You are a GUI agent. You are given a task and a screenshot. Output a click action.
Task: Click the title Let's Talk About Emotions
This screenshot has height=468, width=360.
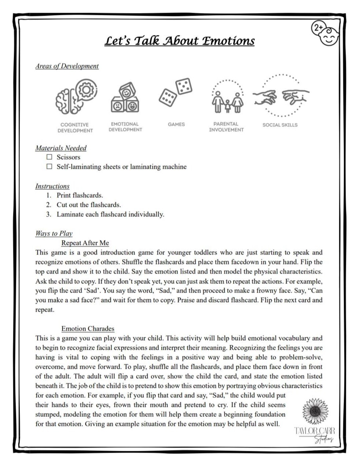tap(179, 41)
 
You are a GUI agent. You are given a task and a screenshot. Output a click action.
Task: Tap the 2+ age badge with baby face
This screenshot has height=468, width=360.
tap(325, 33)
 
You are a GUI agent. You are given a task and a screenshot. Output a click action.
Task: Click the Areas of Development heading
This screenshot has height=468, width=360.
tap(67, 66)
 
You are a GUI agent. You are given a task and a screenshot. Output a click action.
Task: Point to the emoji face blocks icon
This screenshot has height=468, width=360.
tap(125, 98)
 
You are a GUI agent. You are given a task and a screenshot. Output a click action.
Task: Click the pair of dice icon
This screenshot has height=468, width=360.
tap(175, 92)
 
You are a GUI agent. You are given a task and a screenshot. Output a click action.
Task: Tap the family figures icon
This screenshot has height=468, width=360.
tap(227, 98)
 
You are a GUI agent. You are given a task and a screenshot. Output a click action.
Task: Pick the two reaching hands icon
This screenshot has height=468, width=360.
tap(280, 96)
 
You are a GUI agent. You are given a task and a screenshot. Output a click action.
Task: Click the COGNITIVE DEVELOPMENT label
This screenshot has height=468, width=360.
tap(75, 128)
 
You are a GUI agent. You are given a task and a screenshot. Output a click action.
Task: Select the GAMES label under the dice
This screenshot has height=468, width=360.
tap(176, 124)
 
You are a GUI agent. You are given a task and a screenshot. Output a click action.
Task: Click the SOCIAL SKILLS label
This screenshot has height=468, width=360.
tap(280, 125)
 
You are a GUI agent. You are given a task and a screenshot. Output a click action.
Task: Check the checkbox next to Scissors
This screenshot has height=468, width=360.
tap(49, 157)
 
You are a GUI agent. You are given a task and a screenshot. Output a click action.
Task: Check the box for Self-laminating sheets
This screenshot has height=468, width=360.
tap(49, 166)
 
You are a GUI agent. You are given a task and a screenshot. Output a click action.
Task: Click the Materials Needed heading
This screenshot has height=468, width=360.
tap(61, 148)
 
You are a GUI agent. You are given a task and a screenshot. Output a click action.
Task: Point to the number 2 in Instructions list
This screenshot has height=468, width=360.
tap(49, 205)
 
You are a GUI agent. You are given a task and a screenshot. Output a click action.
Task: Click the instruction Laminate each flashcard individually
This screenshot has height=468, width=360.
tap(110, 214)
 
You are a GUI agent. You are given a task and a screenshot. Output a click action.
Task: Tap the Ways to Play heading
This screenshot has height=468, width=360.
tap(54, 233)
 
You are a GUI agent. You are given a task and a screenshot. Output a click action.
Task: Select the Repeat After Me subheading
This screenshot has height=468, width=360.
tap(85, 243)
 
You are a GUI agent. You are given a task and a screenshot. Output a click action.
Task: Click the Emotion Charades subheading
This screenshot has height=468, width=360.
tap(88, 329)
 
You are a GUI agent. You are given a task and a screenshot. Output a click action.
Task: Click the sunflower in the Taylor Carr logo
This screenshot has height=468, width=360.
tap(315, 411)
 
